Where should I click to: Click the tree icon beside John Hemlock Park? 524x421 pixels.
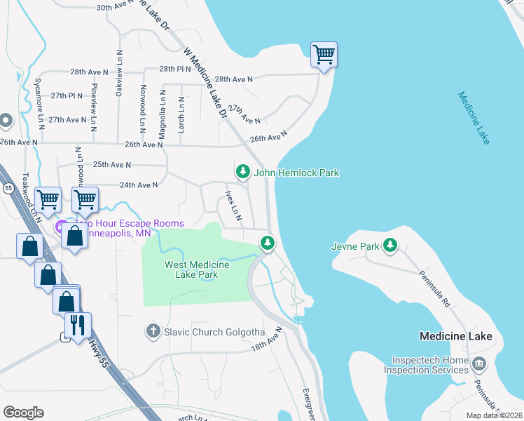point(243,172)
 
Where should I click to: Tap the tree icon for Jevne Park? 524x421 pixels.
point(390,246)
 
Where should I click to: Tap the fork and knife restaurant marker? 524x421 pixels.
point(78,324)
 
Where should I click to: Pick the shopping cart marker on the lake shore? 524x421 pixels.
point(324,54)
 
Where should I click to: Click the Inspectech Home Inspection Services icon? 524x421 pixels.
point(479,363)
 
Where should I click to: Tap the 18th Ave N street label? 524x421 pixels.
point(266,338)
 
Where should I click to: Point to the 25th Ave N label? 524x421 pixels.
point(112,165)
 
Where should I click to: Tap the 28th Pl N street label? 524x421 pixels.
point(175,69)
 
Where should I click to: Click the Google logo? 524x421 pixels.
point(23,412)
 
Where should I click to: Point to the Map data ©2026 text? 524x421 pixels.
point(494,415)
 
